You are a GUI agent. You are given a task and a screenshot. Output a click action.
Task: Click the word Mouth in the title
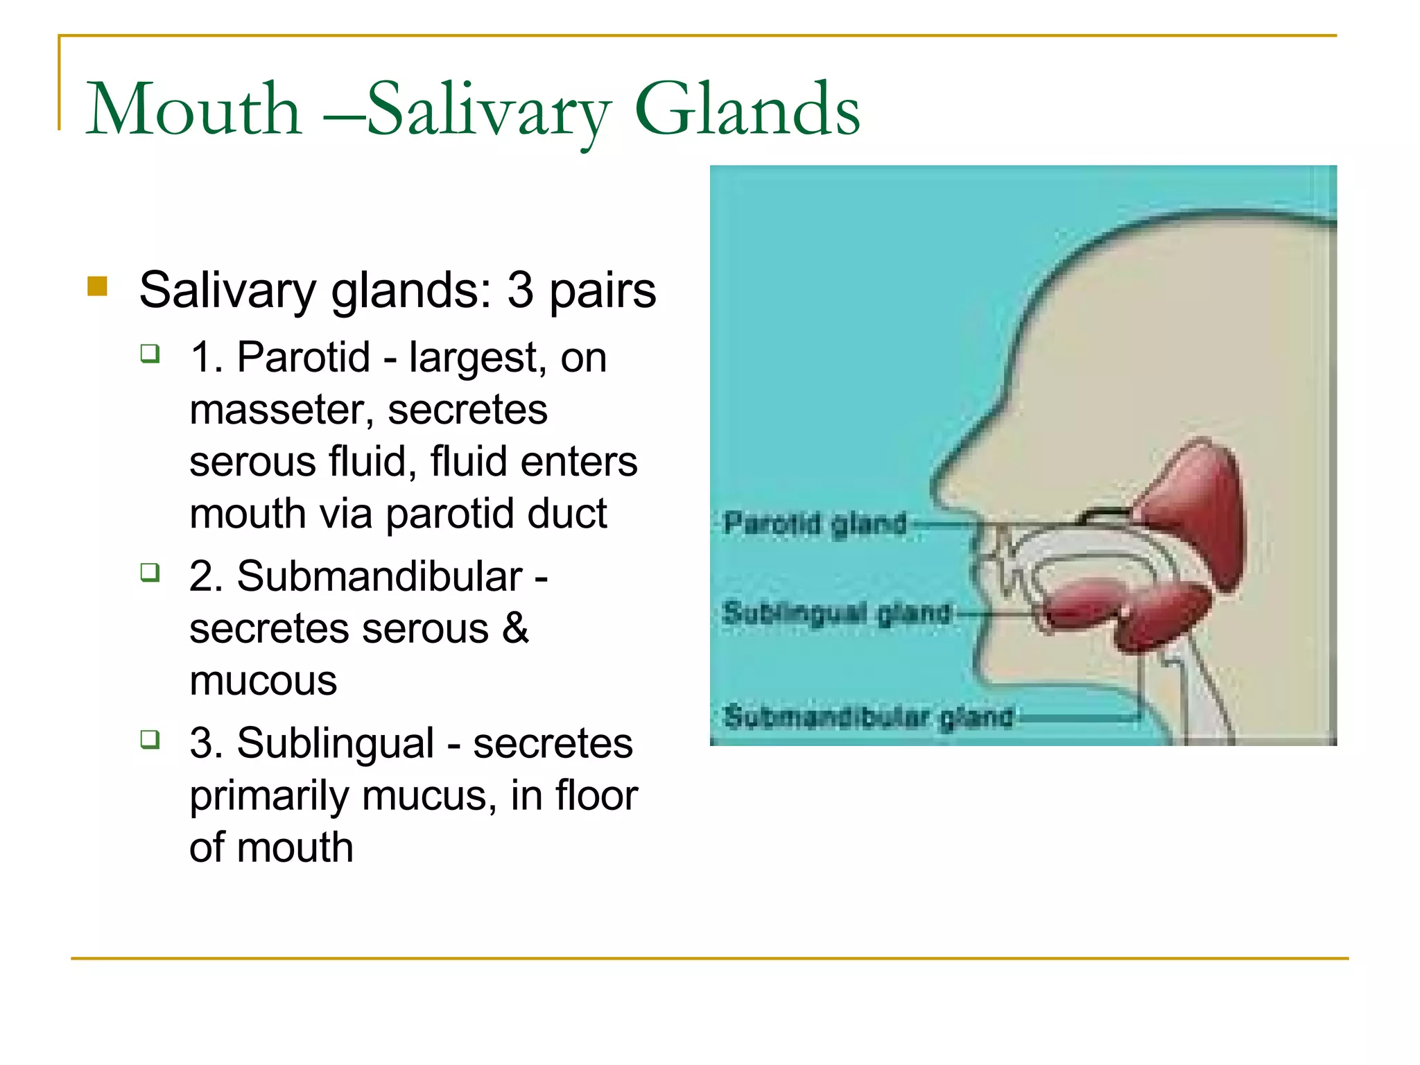193,110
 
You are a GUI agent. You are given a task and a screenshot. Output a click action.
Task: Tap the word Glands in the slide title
747,110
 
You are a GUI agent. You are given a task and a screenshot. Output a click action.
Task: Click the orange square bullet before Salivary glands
98,286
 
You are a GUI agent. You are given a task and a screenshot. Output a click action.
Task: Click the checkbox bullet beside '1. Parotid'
150,354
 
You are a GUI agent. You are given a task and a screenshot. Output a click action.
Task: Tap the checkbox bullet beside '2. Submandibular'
150,573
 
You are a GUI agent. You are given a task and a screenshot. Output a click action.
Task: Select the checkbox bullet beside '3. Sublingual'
150,739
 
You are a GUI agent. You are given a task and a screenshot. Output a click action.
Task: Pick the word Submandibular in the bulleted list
379,577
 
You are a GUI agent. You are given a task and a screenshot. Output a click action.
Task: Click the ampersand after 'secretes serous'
515,629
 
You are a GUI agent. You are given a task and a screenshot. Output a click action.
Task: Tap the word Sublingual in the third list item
336,743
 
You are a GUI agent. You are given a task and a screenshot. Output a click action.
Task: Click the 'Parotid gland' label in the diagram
815,523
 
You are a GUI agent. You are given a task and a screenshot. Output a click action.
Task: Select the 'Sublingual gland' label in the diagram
836,613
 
